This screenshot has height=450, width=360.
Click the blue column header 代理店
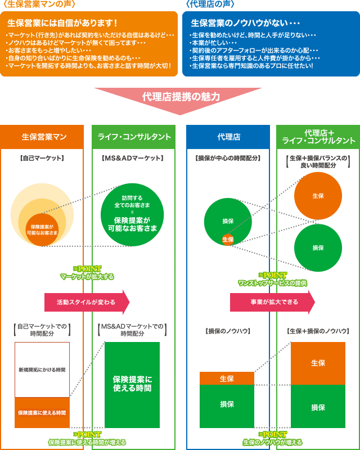pyautogui.click(x=228, y=137)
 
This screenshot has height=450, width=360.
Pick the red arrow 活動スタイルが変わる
pyautogui.click(x=87, y=302)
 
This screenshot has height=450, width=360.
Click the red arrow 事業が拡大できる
pyautogui.click(x=272, y=302)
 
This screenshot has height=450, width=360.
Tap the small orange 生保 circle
pyautogui.click(x=227, y=240)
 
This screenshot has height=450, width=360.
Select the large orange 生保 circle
pyautogui.click(x=318, y=196)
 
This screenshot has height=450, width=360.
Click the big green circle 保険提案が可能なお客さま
pyautogui.click(x=132, y=214)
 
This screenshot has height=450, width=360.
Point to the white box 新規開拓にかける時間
pyautogui.click(x=42, y=370)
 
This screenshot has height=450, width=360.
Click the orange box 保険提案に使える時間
pyautogui.click(x=42, y=413)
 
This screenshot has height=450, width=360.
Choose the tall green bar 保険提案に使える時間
pyautogui.click(x=132, y=385)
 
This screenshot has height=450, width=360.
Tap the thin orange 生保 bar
pyautogui.click(x=227, y=378)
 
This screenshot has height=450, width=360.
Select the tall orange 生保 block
pyautogui.click(x=318, y=363)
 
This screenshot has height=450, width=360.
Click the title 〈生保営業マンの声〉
pyautogui.click(x=39, y=4)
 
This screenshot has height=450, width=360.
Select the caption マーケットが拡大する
pyautogui.click(x=87, y=276)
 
